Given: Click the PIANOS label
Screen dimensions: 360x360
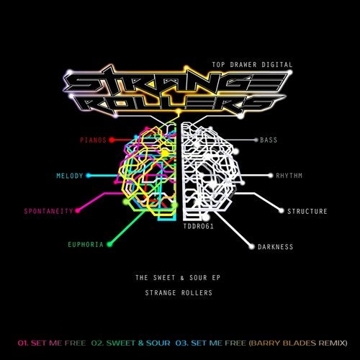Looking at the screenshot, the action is pyautogui.click(x=93, y=140).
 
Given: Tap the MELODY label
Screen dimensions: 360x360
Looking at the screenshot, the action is pyautogui.click(x=70, y=176).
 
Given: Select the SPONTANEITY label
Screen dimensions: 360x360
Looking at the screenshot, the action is pyautogui.click(x=48, y=211).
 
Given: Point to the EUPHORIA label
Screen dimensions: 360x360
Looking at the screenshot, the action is pyautogui.click(x=86, y=245).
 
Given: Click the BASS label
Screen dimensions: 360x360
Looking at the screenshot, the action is pyautogui.click(x=269, y=140).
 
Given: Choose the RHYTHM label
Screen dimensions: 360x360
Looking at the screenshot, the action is pyautogui.click(x=289, y=176).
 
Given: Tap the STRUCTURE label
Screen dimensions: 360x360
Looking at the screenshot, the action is pyautogui.click(x=307, y=211).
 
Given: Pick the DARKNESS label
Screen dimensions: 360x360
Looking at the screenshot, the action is pyautogui.click(x=275, y=247).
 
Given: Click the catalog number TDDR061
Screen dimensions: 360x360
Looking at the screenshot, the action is pyautogui.click(x=198, y=226).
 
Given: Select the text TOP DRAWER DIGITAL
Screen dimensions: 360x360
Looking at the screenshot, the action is pyautogui.click(x=252, y=65).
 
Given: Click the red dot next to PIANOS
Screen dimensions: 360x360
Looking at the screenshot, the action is pyautogui.click(x=112, y=140).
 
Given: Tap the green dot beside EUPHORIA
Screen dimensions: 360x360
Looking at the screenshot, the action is pyautogui.click(x=109, y=245).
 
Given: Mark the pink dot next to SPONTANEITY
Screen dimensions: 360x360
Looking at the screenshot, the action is pyautogui.click(x=78, y=211).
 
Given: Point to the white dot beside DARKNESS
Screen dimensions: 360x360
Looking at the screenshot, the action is pyautogui.click(x=251, y=247).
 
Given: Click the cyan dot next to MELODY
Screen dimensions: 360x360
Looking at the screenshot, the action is pyautogui.click(x=89, y=176).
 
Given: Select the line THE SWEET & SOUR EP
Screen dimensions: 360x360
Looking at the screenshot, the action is pyautogui.click(x=178, y=278).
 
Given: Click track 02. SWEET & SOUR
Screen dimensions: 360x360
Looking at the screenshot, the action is pyautogui.click(x=131, y=343).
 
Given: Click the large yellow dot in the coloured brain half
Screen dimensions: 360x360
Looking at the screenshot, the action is pyautogui.click(x=165, y=153).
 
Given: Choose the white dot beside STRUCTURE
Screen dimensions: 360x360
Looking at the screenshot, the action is pyautogui.click(x=282, y=211).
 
